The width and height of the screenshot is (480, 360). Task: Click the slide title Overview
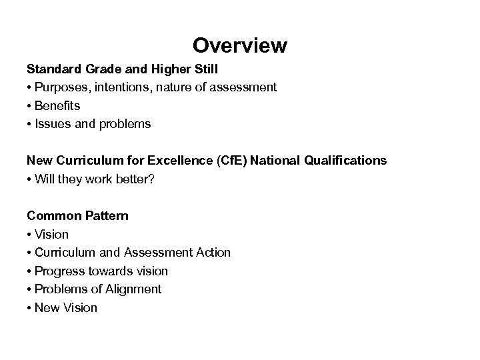[240, 45]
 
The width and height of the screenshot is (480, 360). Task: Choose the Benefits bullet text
[57, 105]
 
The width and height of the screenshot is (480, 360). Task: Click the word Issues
[51, 124]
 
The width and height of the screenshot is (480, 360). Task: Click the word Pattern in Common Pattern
[105, 216]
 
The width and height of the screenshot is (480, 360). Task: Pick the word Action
[213, 253]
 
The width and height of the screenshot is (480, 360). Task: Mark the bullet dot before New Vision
[29, 308]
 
